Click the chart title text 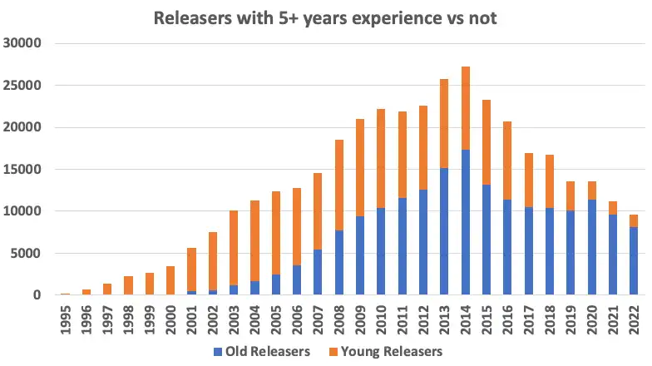click(x=325, y=17)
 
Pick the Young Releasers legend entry click(x=386, y=351)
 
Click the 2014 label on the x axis click(x=465, y=320)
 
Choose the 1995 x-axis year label click(x=65, y=320)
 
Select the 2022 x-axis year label click(x=634, y=320)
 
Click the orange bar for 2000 click(x=170, y=280)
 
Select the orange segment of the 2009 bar click(x=360, y=167)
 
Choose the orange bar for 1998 click(x=128, y=285)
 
